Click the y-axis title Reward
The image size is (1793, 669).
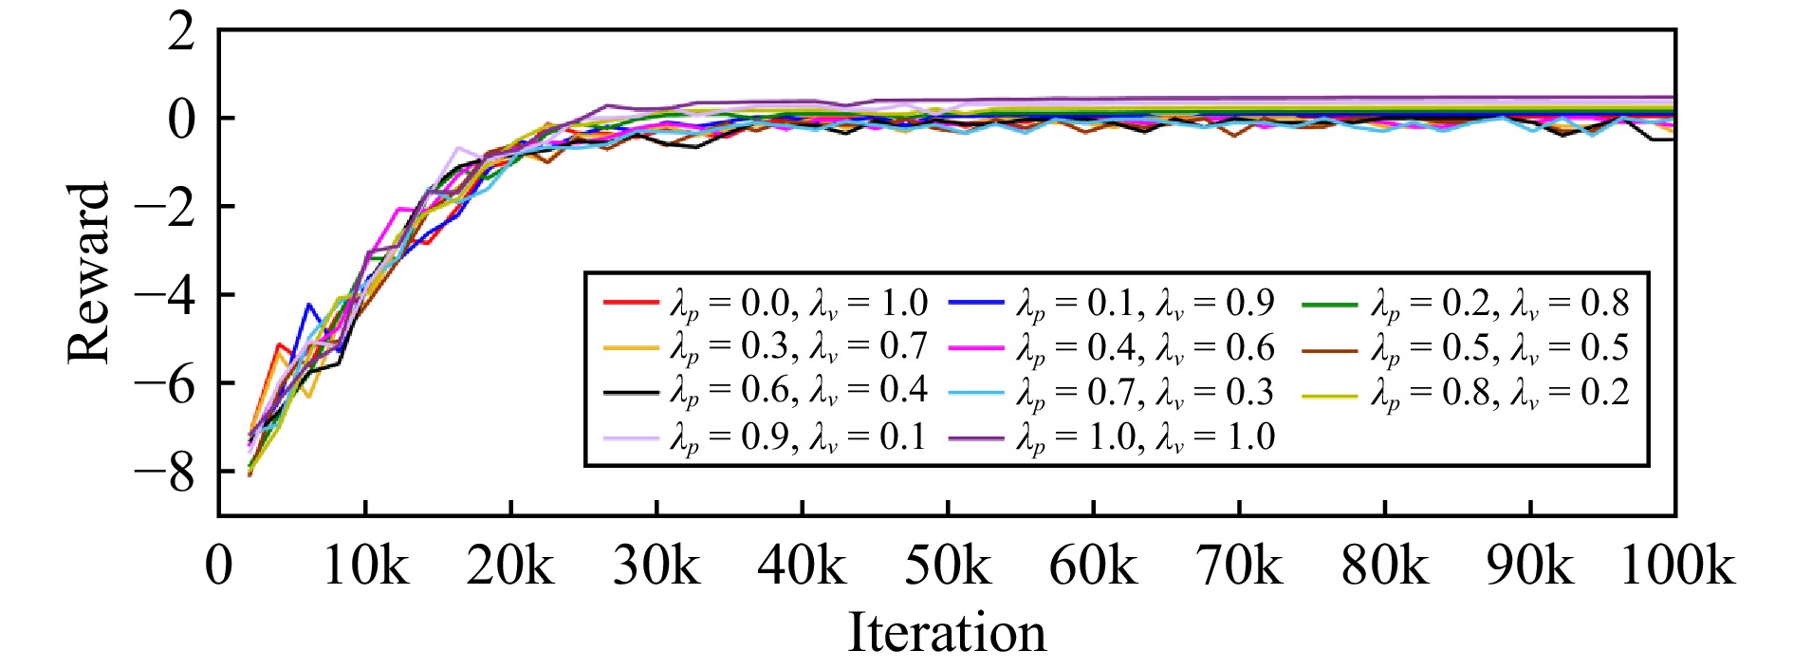tap(89, 273)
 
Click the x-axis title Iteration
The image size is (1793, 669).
tap(946, 633)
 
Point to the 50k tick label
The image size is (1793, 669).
tap(947, 566)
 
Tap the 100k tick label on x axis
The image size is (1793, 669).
tap(1676, 566)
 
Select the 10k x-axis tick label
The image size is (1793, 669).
tap(365, 566)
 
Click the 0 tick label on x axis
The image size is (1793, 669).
tap(219, 566)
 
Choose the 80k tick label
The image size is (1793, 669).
tap(1384, 566)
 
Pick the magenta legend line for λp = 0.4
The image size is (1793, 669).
tap(976, 348)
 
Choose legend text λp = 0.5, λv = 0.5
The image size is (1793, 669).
tap(1500, 348)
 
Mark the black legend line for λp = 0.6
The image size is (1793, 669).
tap(630, 392)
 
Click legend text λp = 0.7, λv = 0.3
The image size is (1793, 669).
tap(1146, 392)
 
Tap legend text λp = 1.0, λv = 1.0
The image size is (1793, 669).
tap(1146, 437)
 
